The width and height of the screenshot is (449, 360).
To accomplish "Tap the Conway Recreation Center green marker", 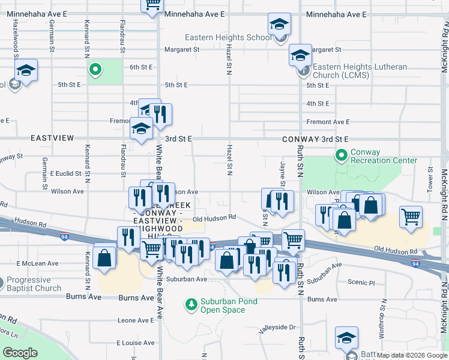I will click(x=342, y=157).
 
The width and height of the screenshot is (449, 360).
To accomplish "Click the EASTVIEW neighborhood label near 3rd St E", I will click(x=52, y=138).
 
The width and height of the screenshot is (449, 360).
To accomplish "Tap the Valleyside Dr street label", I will click(x=277, y=328).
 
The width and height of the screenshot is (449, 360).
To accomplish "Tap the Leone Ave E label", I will click(x=136, y=320).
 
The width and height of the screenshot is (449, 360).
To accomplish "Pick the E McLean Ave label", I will click(x=37, y=263).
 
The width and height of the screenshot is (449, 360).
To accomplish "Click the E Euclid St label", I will click(x=65, y=173).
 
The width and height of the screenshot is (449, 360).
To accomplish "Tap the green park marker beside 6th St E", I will click(x=95, y=70).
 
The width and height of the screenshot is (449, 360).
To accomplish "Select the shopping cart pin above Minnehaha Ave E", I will click(x=152, y=4).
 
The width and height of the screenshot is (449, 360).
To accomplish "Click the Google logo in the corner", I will click(x=20, y=353).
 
